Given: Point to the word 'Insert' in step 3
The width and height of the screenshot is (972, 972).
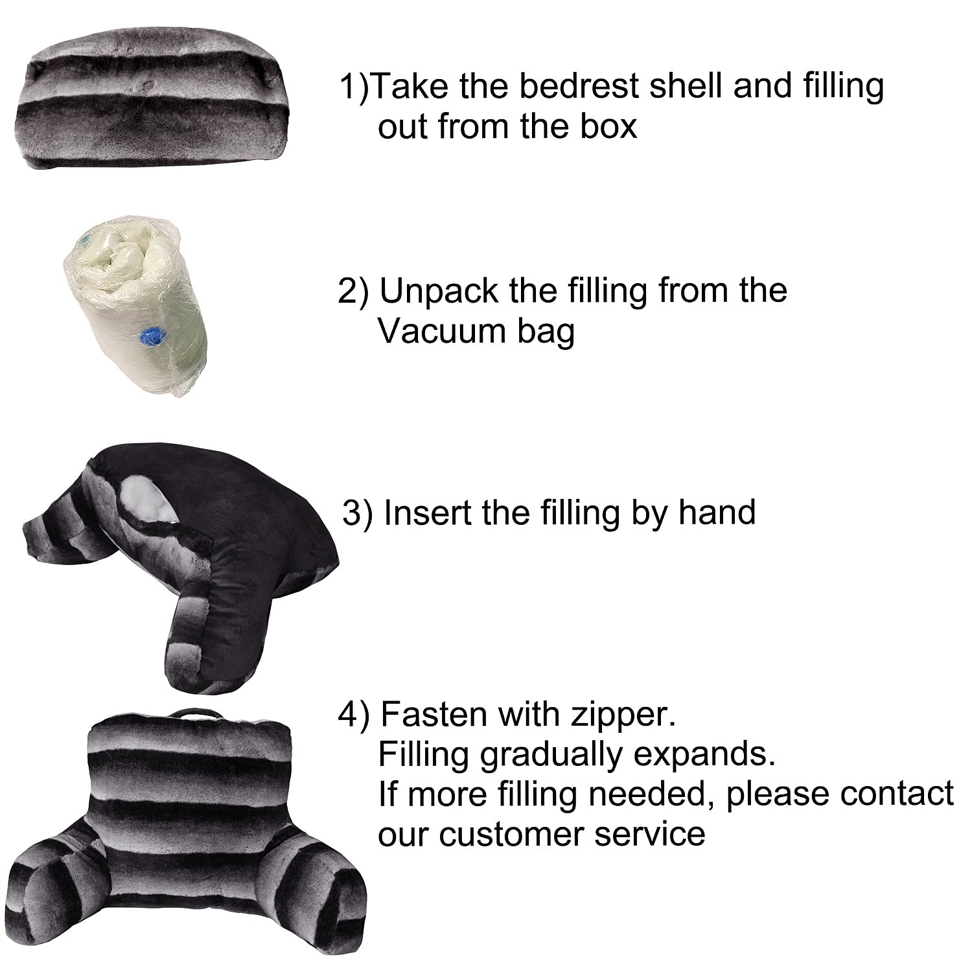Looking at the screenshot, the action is click(429, 513).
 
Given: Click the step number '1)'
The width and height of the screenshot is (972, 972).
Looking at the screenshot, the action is click(354, 87).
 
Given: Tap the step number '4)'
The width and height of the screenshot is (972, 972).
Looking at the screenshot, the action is click(354, 716).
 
